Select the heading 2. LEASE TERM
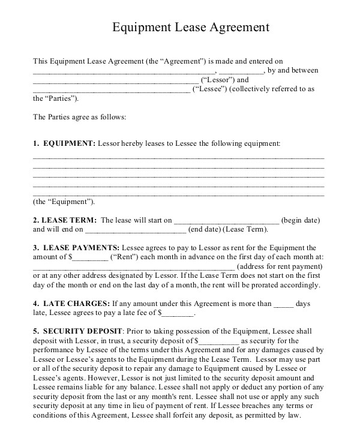64,220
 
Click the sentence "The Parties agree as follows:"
79,117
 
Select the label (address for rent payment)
281,266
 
